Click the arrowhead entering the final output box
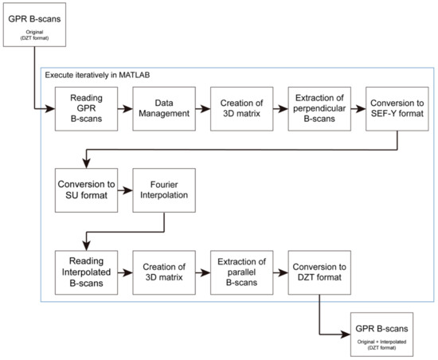346,333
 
